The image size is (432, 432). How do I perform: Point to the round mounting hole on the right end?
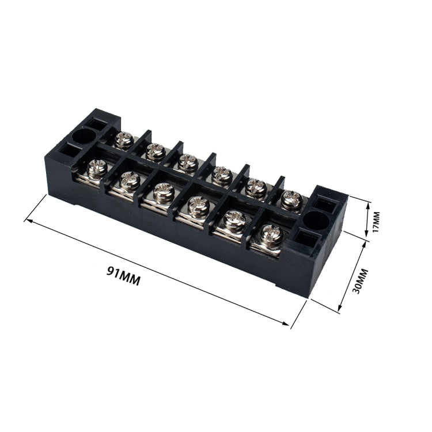[315, 220]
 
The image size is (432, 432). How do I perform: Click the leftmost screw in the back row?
[124, 140]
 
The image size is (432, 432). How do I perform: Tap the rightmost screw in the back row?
[291, 200]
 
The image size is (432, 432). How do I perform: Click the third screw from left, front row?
[164, 192]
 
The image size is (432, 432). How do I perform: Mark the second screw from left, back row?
[155, 151]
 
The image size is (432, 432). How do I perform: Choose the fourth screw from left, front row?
[198, 206]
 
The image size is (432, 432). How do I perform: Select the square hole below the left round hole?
[69, 151]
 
